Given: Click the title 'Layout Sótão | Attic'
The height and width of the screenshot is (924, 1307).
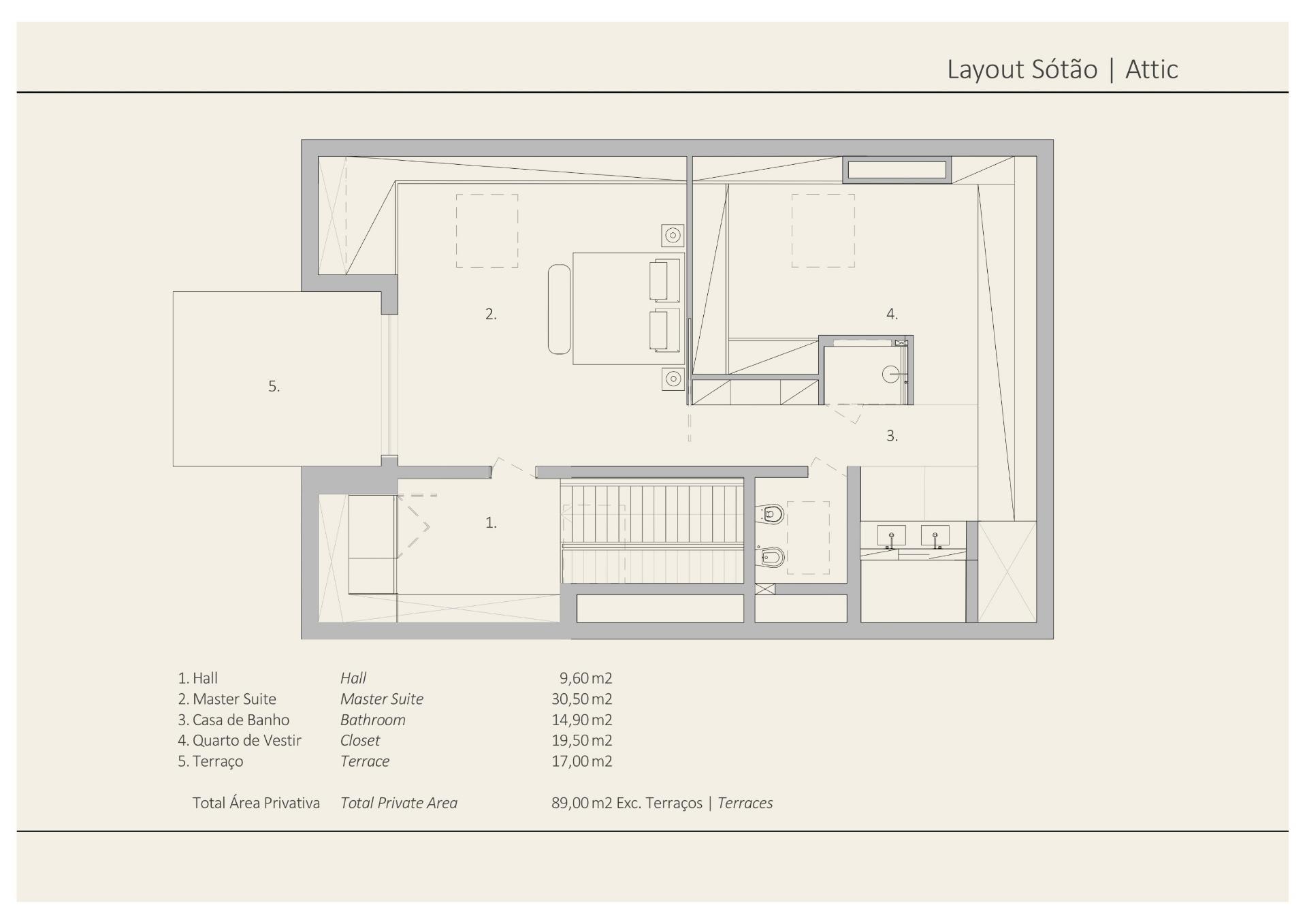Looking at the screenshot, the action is point(1062,69).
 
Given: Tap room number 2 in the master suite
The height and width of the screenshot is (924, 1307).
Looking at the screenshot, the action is point(491,314).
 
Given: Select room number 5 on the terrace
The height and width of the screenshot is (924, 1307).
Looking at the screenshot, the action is point(274,386).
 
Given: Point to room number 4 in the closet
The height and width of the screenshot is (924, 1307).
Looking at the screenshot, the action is point(892,314).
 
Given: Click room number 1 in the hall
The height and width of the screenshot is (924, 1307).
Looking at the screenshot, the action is point(491,522).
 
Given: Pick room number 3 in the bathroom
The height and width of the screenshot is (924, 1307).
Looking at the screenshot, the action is point(892,436).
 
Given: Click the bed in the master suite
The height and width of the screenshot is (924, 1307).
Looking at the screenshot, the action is point(627,308).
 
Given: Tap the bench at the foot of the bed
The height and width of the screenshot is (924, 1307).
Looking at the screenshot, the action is point(559,309).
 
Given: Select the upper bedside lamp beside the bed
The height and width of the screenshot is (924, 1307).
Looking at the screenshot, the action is point(673,236).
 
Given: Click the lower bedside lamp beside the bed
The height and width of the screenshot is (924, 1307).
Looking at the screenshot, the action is point(673,379).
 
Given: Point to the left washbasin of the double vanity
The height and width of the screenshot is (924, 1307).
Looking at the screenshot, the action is point(891,535).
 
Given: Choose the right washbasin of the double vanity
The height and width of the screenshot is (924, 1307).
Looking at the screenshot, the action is point(935,535).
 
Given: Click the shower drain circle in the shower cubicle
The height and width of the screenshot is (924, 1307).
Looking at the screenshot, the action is point(891,374).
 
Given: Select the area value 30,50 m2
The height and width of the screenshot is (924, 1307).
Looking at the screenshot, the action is point(581,699).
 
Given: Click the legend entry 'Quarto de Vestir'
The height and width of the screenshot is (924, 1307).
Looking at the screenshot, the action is point(246,741).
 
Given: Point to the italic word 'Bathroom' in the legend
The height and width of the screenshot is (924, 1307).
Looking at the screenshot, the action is point(373,720).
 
